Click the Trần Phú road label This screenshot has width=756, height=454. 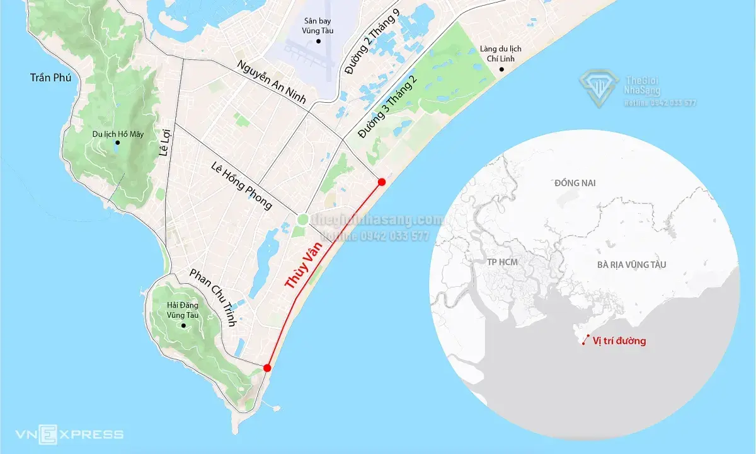(x=51, y=78)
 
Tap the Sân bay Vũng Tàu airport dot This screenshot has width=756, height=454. (x=319, y=42)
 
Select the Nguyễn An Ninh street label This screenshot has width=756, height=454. (x=272, y=82)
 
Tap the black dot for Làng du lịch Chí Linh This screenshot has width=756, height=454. (x=501, y=68)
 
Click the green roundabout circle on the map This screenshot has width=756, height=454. (x=302, y=219)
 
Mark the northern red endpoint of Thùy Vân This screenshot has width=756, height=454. (x=381, y=182)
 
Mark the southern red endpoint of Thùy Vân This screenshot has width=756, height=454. (x=267, y=368)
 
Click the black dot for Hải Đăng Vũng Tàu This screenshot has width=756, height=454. (x=183, y=326)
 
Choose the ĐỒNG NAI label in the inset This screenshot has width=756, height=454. (x=575, y=183)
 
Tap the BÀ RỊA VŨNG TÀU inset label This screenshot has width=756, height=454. (x=639, y=265)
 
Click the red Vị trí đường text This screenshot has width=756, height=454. (x=619, y=341)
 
